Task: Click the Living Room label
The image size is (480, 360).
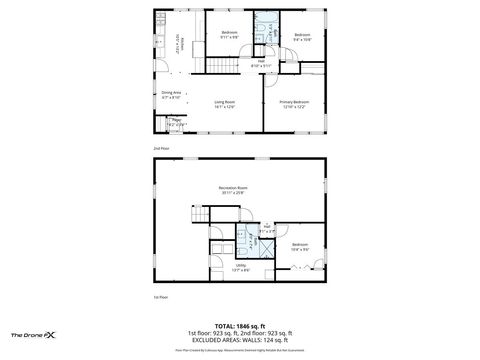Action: click(x=223, y=102)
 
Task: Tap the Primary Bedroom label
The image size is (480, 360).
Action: click(x=294, y=102)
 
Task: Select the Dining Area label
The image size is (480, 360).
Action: click(x=171, y=93)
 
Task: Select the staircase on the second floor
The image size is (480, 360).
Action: click(x=225, y=67)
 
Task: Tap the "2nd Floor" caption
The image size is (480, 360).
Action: click(x=160, y=147)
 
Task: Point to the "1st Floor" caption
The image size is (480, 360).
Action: click(x=160, y=298)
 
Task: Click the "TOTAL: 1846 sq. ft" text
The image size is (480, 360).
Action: click(x=239, y=326)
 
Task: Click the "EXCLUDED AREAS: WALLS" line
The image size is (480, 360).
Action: click(x=239, y=341)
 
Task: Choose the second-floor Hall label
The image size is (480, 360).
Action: click(x=261, y=62)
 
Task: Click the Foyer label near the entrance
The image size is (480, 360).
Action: click(x=176, y=120)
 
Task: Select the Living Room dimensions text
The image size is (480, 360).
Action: click(x=223, y=107)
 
